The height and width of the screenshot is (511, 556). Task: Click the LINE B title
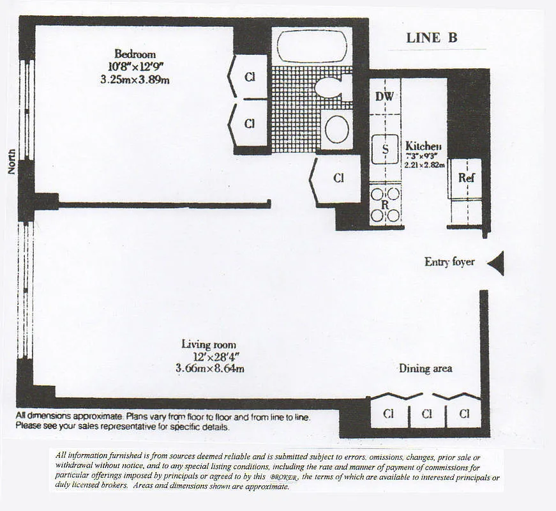click(x=432, y=38)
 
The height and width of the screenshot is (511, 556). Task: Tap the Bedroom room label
click(x=135, y=54)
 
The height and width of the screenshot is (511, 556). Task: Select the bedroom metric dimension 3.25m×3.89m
click(x=135, y=80)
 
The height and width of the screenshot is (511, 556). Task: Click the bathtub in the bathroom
click(x=312, y=47)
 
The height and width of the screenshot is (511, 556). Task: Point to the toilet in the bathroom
click(x=333, y=88)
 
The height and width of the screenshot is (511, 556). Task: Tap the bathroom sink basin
click(x=336, y=129)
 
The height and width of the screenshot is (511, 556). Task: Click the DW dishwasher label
click(x=384, y=96)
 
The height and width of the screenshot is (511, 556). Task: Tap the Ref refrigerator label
click(x=467, y=178)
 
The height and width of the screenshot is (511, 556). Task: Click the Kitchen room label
click(x=423, y=146)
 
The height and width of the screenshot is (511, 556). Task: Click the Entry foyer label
click(x=449, y=262)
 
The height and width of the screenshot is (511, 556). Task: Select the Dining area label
click(x=425, y=369)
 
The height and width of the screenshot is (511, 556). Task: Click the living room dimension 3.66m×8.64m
click(x=210, y=369)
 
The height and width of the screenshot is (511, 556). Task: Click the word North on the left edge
click(x=11, y=162)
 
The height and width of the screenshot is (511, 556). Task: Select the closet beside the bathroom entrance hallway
click(x=338, y=179)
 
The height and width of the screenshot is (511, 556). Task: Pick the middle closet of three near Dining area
click(x=426, y=413)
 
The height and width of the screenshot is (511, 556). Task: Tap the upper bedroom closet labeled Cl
click(x=250, y=77)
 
